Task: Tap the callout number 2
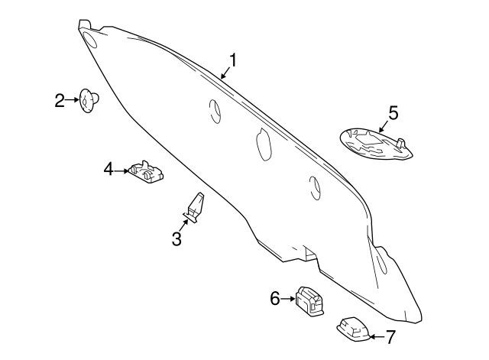pyautogui.click(x=60, y=99)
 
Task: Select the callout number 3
pyautogui.click(x=176, y=239)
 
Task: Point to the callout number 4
pyautogui.click(x=108, y=168)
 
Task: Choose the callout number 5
pyautogui.click(x=393, y=112)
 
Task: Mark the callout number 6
pyautogui.click(x=275, y=299)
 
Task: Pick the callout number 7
pyautogui.click(x=390, y=336)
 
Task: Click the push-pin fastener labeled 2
pyautogui.click(x=89, y=100)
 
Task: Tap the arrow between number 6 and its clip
pyautogui.click(x=288, y=299)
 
